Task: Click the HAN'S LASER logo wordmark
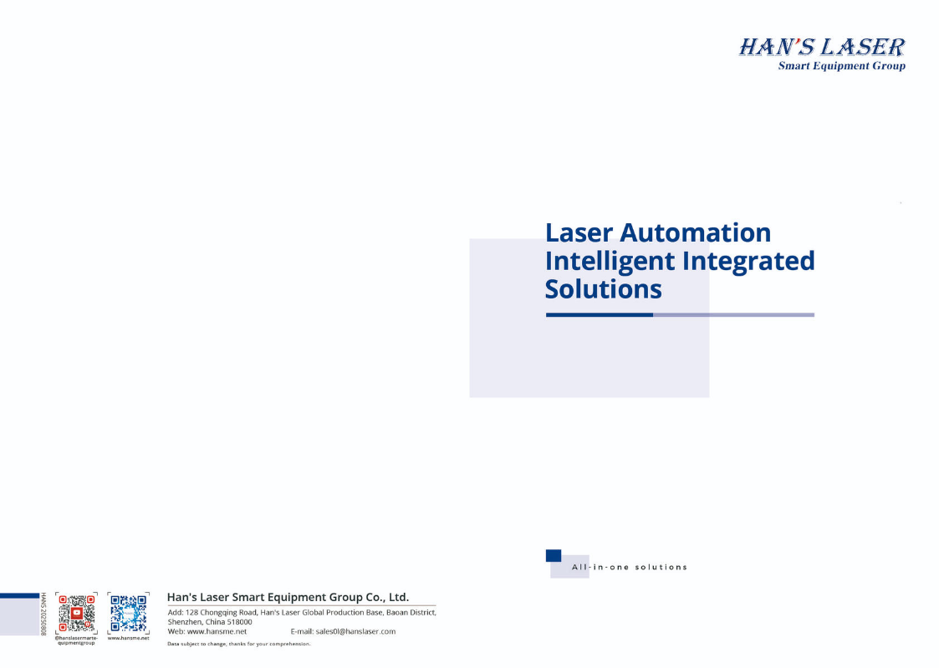pyautogui.click(x=822, y=48)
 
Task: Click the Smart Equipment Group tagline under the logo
pyautogui.click(x=841, y=66)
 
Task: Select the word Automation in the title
pyautogui.click(x=696, y=232)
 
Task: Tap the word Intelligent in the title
pyautogui.click(x=610, y=262)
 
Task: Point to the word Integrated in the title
pyautogui.click(x=748, y=262)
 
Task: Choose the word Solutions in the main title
pyautogui.click(x=603, y=289)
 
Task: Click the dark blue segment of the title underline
pyautogui.click(x=599, y=315)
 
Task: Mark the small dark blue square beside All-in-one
pyautogui.click(x=554, y=555)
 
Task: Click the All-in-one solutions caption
pyautogui.click(x=630, y=567)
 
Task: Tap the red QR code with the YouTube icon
pyautogui.click(x=76, y=613)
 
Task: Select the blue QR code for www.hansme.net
pyautogui.click(x=128, y=613)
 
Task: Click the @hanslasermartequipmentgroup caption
pyautogui.click(x=76, y=640)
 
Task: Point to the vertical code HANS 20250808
pyautogui.click(x=43, y=614)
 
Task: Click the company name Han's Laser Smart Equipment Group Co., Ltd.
pyautogui.click(x=288, y=597)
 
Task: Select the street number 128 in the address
pyautogui.click(x=191, y=612)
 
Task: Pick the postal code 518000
pyautogui.click(x=239, y=622)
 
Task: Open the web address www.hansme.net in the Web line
pyautogui.click(x=217, y=631)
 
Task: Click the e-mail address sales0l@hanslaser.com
pyautogui.click(x=355, y=631)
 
